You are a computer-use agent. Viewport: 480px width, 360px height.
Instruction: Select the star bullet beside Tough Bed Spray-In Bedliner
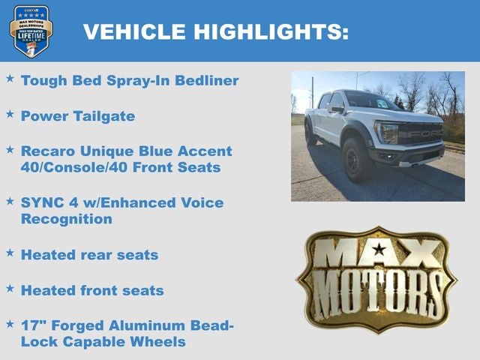pos(10,78)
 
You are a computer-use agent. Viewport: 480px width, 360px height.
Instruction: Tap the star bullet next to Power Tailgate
pos(10,114)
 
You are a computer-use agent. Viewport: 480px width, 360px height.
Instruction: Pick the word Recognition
pos(66,219)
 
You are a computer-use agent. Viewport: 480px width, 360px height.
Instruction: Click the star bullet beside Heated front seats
pos(10,288)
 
